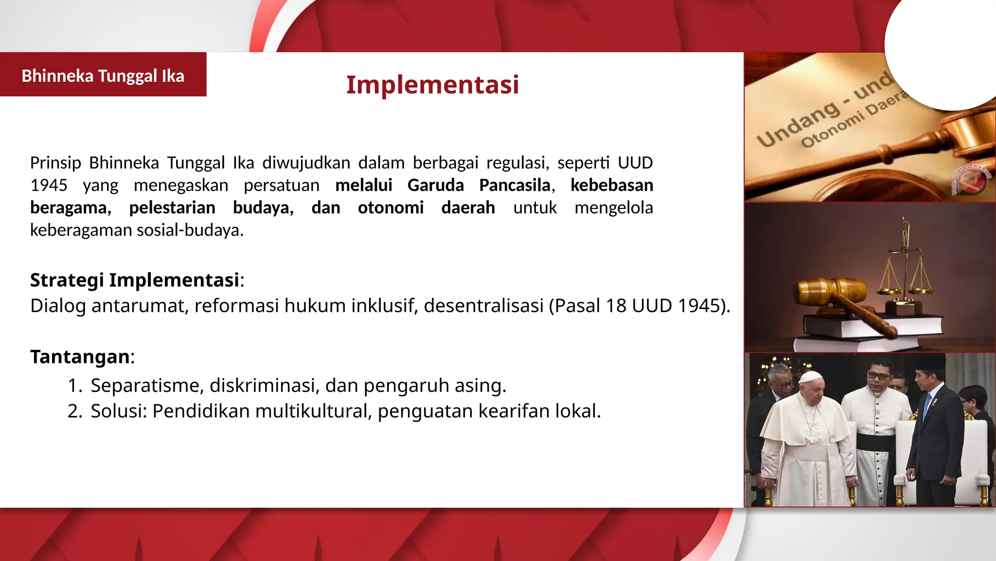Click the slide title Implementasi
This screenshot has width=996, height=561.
[432, 85]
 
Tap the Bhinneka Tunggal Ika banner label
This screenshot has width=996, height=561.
[103, 76]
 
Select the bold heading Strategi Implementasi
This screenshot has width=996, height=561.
[135, 280]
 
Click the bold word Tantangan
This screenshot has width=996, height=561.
[80, 356]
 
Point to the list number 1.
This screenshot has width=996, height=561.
[74, 385]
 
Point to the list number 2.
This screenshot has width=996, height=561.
[74, 411]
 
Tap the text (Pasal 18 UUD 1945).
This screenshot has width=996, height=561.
[639, 306]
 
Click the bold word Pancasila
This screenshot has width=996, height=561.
[515, 185]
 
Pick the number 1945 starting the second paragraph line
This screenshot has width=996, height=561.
[49, 185]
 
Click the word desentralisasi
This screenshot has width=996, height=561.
[483, 306]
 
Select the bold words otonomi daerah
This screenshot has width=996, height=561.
[426, 207]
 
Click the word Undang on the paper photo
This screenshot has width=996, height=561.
[798, 126]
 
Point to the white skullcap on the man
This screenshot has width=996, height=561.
[811, 376]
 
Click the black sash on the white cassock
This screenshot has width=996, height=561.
[875, 441]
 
